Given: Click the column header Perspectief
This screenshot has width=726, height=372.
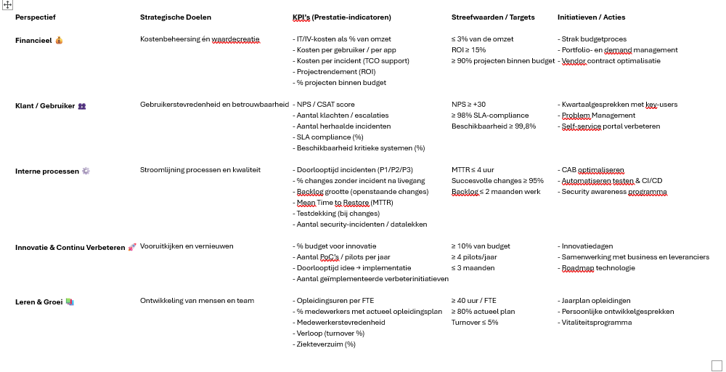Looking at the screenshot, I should click(36, 17).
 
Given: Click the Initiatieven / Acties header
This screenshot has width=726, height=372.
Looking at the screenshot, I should click(591, 17).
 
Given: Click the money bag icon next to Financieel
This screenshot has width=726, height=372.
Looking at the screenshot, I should click(59, 40).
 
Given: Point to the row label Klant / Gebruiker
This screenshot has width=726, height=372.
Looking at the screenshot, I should click(45, 105).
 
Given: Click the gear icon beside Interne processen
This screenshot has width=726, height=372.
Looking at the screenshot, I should click(86, 171).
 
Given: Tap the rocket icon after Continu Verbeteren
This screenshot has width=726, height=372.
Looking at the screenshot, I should click(132, 247).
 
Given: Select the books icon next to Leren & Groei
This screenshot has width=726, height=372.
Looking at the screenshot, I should click(70, 301).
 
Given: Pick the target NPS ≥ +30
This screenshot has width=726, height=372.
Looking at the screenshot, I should click(468, 105).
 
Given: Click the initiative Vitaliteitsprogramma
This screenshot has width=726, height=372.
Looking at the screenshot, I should click(595, 323).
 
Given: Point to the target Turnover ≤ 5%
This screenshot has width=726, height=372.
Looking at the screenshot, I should click(475, 323).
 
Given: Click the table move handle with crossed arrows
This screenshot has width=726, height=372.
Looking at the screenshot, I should click(8, 4).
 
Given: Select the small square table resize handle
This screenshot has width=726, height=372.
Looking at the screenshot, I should click(717, 365).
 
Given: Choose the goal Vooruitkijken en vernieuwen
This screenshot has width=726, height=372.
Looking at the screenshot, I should click(187, 246).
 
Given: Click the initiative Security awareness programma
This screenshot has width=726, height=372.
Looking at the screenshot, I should click(613, 192).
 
